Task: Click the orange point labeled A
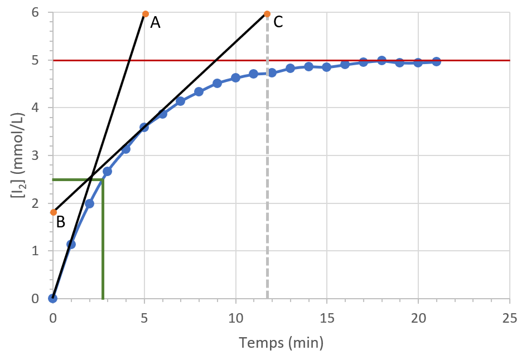146,13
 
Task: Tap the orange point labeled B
54,212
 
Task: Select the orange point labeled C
267,13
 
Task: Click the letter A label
155,22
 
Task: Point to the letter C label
278,22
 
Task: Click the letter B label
61,222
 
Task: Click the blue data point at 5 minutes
144,127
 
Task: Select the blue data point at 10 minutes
235,77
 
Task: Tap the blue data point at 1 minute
71,244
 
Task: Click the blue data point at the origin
52,298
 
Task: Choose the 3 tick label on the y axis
35,155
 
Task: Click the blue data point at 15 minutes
327,67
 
